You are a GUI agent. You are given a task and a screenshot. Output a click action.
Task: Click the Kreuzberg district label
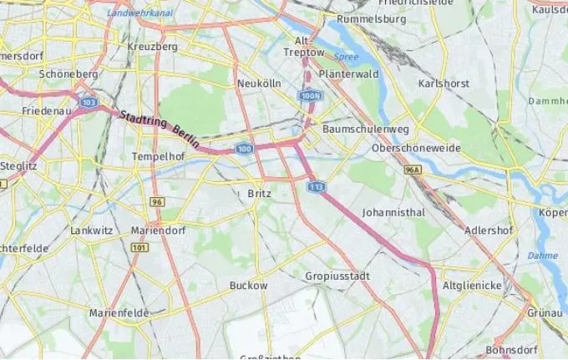(153, 47)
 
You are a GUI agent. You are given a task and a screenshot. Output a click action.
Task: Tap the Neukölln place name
(257, 84)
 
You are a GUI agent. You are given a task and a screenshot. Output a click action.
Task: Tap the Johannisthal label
(393, 213)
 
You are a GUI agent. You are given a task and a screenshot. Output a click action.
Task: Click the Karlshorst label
(444, 84)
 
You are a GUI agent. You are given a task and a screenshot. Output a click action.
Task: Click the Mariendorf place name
(159, 230)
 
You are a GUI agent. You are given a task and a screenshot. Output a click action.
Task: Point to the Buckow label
(248, 286)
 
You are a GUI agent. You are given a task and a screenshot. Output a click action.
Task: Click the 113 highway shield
(316, 186)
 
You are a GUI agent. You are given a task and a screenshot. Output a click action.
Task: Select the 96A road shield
(412, 170)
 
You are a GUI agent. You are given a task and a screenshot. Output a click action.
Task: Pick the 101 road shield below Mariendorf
(139, 248)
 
